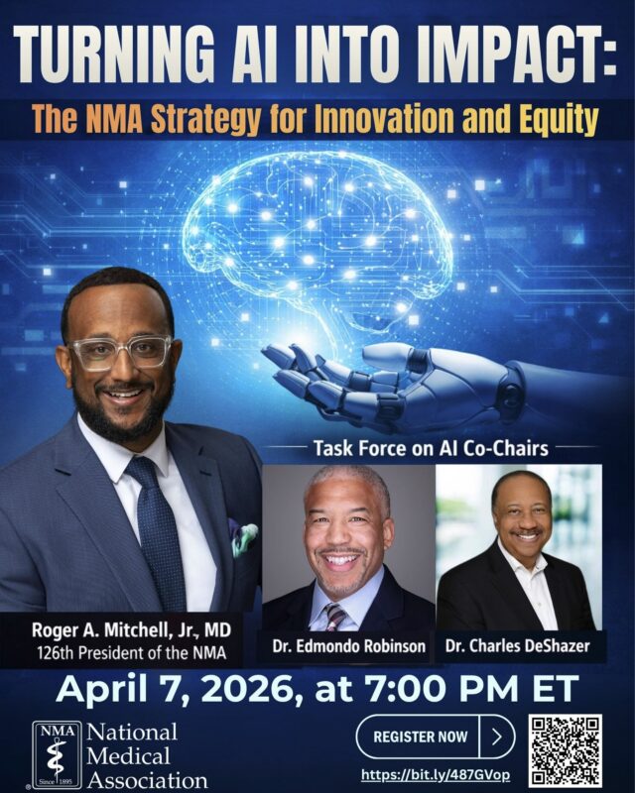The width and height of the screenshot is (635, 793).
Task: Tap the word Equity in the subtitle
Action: tap(560, 120)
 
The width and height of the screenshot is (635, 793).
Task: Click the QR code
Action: tap(565, 750)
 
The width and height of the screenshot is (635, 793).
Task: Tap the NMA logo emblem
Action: tap(58, 753)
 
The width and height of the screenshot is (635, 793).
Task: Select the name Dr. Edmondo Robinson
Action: tap(348, 647)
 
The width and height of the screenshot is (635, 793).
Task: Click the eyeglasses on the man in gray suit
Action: tap(120, 354)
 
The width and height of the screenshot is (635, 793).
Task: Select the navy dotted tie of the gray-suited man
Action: tap(159, 535)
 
